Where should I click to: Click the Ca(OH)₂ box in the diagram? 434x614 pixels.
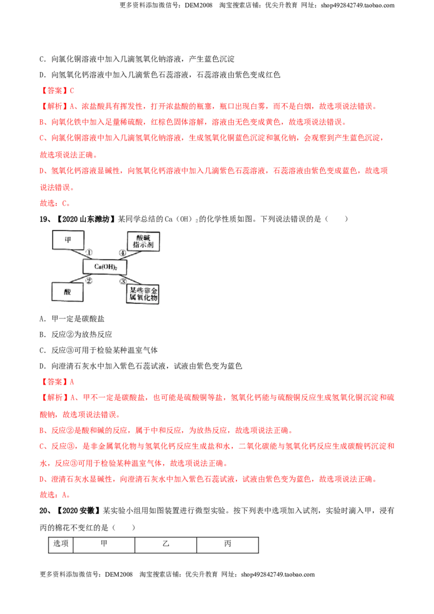tap(105, 267)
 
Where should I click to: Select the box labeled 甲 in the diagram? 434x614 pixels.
tap(68, 240)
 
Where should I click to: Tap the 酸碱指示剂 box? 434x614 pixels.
tap(143, 241)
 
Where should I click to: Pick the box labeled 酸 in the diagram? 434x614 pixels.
tap(67, 292)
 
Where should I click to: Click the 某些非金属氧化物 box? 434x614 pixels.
tap(143, 294)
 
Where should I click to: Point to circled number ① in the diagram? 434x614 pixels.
tap(90, 253)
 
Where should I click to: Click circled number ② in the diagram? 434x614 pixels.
tap(90, 280)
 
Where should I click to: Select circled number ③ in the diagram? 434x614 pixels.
tap(123, 281)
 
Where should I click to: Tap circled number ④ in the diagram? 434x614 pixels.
tap(123, 253)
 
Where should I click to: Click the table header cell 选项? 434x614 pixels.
tap(61, 545)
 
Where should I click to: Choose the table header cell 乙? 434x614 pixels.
tap(165, 545)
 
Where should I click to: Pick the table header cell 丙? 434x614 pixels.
tap(227, 545)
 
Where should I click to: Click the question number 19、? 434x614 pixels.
tap(46, 219)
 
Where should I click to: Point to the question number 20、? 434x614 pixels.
tap(46, 510)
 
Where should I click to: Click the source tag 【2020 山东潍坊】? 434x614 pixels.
tap(85, 219)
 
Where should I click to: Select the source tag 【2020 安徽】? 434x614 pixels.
tap(77, 510)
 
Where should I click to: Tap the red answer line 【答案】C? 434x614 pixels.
tap(57, 91)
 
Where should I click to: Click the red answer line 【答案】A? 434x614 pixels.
tap(57, 382)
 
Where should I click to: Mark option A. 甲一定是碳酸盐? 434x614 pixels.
tap(72, 319)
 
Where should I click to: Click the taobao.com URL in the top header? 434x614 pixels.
tap(357, 5)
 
